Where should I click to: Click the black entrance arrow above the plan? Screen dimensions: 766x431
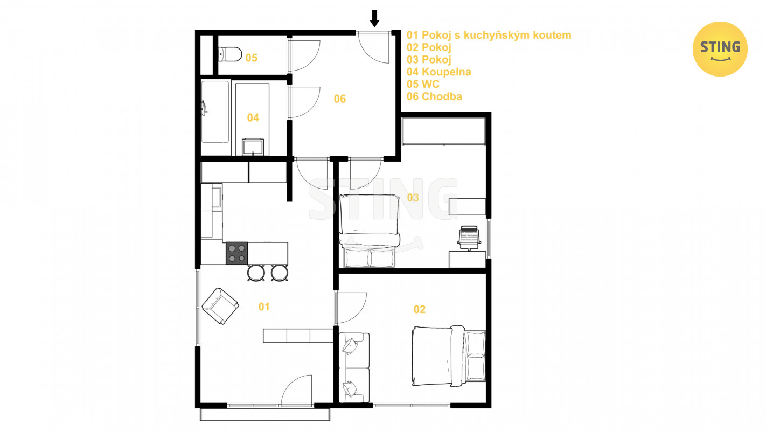(374, 18)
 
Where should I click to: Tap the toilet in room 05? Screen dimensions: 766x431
(230, 54)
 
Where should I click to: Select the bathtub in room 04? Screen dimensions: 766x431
(215, 111)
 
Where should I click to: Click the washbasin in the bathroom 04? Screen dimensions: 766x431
(253, 147)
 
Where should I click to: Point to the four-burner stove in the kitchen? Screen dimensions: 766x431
(236, 253)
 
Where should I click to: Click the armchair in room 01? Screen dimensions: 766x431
(220, 306)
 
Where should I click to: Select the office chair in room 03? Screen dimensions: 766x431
(469, 238)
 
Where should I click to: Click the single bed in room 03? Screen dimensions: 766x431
(370, 231)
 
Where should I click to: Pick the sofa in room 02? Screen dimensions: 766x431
(354, 368)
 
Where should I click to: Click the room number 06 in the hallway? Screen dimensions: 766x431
(340, 99)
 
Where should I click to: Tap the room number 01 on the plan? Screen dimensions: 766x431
(264, 307)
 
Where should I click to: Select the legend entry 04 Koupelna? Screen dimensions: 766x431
(438, 72)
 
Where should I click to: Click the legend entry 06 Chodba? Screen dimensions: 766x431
(434, 96)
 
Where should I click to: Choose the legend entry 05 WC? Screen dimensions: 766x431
(423, 84)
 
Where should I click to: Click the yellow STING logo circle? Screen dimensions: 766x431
(720, 49)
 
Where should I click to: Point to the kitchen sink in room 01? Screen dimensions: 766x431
(217, 197)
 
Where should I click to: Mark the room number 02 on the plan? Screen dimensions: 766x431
(420, 310)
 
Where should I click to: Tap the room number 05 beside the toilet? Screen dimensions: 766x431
(252, 58)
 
